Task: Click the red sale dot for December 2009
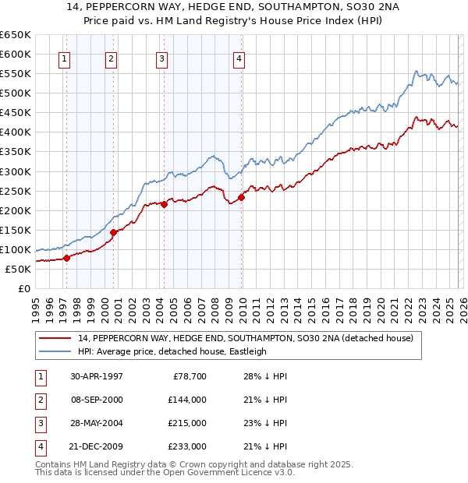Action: (242, 197)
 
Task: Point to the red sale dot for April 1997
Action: (67, 258)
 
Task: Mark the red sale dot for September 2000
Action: (114, 232)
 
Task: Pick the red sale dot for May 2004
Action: (165, 204)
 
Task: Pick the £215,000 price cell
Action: (187, 423)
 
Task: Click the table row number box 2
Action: (38, 400)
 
